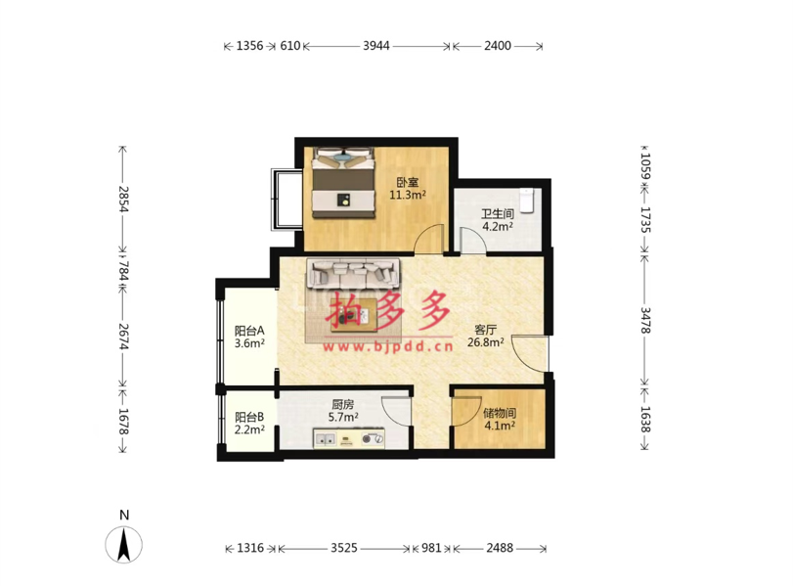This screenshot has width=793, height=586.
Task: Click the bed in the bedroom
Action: [343, 183]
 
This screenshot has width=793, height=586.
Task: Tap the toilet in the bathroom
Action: [527, 200]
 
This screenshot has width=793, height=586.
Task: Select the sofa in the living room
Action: [353, 273]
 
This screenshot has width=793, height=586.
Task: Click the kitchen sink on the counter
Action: [326, 439]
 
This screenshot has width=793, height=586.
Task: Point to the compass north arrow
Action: [123, 545]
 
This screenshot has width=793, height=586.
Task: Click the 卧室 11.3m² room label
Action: [407, 188]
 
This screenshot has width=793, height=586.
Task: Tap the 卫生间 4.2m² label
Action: [497, 220]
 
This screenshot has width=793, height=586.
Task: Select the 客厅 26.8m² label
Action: [486, 336]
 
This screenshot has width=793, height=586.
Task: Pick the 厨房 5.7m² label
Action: [343, 411]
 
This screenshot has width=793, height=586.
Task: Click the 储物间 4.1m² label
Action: [500, 420]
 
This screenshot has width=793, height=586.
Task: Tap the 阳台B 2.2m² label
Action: [249, 424]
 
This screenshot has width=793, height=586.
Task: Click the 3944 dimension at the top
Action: [376, 46]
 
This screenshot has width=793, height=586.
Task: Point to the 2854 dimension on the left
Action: [124, 199]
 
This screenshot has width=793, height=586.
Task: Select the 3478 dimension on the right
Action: [645, 320]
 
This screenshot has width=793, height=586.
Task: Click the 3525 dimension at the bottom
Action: [344, 548]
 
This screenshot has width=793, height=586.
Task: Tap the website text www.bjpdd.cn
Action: [388, 346]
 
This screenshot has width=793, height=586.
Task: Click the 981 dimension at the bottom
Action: [431, 548]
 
